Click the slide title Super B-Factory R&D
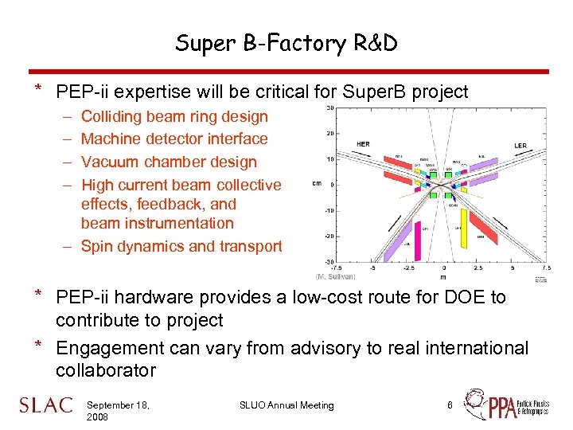(286, 43)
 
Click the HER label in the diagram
(362, 144)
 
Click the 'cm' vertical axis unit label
(316, 185)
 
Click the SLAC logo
(45, 406)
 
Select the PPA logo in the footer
(509, 405)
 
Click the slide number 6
(450, 405)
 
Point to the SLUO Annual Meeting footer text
(286, 405)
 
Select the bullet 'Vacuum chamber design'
(169, 162)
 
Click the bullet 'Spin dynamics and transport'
(181, 246)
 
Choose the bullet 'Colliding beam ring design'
(174, 116)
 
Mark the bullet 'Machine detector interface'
(174, 139)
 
